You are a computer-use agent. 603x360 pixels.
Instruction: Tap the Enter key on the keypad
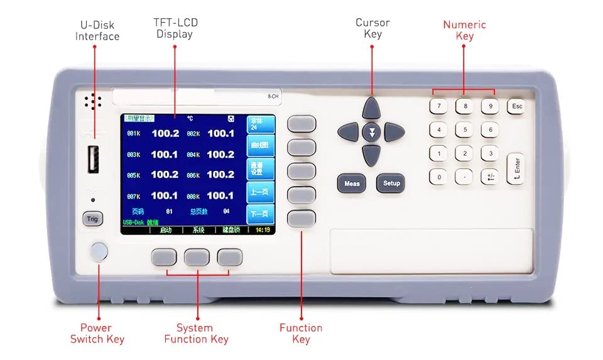[516, 168]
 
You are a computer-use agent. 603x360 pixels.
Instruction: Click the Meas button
[352, 183]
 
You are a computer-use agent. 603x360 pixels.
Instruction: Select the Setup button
[391, 183]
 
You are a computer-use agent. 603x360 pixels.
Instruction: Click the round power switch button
[99, 252]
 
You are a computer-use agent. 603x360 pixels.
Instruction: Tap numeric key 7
[438, 106]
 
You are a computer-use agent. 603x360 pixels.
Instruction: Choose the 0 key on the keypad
[438, 177]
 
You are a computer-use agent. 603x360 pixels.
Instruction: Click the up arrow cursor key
[371, 108]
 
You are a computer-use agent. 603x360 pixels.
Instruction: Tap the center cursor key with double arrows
[371, 132]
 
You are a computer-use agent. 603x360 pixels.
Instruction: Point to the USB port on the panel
[93, 160]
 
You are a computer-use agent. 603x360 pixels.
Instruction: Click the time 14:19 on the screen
[262, 230]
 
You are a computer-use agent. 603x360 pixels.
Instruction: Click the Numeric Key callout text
[464, 30]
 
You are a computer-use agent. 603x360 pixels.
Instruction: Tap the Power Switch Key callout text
[97, 333]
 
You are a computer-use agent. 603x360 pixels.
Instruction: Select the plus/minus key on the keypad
[490, 177]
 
